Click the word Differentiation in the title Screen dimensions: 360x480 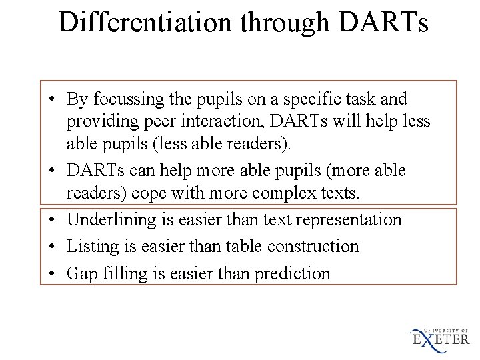(x=147, y=21)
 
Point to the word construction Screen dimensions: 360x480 (x=313, y=247)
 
